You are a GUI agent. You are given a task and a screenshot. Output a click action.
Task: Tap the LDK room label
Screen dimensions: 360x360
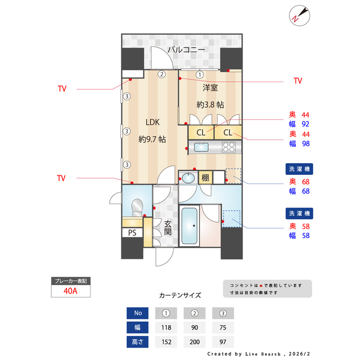coord(152,122)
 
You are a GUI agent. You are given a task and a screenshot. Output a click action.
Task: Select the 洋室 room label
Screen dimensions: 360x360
coord(210,88)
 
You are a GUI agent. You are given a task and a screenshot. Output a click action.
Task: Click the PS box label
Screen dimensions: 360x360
coord(132,232)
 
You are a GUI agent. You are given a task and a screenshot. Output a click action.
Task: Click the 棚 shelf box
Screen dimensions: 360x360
coord(206,178)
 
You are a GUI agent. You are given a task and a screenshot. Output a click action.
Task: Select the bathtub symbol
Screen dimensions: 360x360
coord(189,226)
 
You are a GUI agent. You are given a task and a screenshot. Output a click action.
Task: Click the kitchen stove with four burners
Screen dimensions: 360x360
coord(229,147)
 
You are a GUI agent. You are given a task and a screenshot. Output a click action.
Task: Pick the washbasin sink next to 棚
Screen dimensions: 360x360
coord(188,178)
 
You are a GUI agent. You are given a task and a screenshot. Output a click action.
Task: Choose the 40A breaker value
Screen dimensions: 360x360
coord(70,291)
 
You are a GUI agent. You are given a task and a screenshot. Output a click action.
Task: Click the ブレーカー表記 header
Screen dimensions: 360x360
coord(70,280)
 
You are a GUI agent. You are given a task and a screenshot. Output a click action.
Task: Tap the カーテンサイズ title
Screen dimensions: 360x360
coord(180,295)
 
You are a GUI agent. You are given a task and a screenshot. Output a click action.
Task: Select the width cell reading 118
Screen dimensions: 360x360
coord(166,327)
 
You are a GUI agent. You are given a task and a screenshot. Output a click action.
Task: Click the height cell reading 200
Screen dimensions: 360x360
coord(194,341)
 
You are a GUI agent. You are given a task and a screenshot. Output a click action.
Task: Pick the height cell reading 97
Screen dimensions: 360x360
coord(223,341)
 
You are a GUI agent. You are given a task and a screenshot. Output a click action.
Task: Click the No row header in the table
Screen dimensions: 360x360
coord(138,312)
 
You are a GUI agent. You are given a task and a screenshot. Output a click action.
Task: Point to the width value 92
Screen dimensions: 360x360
coord(306,124)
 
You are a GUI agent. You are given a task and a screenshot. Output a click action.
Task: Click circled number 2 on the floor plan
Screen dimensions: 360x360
coord(161,74)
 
